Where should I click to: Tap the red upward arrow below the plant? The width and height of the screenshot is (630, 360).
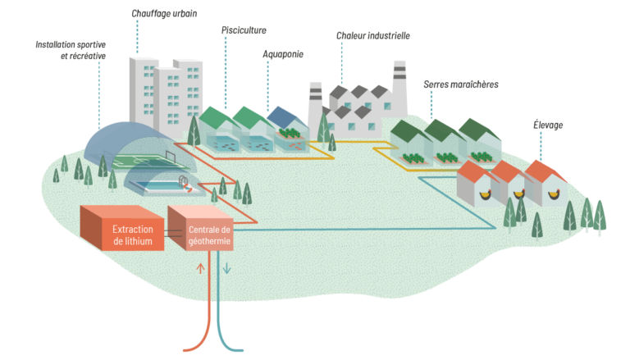199,268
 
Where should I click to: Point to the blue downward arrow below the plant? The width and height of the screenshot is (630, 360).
227,269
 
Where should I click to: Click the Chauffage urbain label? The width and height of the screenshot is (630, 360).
164,15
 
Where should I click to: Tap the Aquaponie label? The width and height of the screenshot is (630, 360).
283,53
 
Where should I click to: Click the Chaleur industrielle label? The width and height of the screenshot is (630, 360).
372,36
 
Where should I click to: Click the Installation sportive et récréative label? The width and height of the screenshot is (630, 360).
71,49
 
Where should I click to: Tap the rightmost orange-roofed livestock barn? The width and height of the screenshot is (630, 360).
545,185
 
